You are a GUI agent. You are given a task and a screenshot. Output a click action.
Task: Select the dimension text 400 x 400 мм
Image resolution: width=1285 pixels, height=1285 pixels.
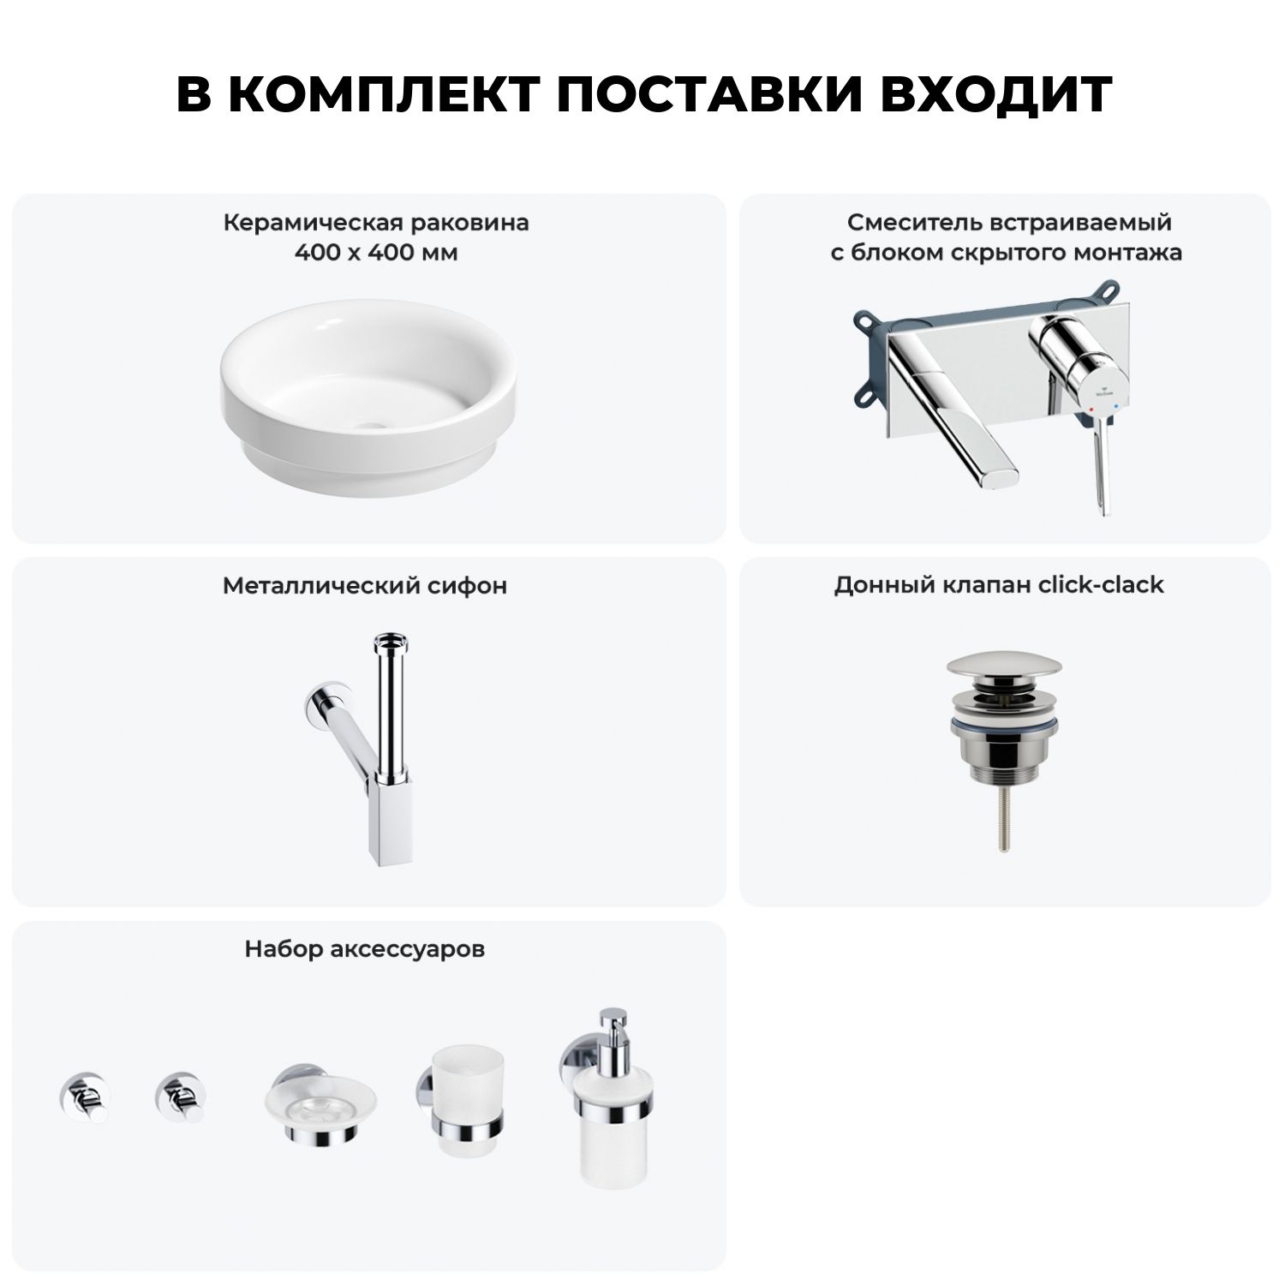point(376,253)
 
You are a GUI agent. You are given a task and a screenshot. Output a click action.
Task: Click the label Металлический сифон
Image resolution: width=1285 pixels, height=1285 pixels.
point(365,586)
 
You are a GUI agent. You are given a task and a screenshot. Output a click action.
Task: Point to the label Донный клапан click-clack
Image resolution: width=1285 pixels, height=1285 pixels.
point(999,585)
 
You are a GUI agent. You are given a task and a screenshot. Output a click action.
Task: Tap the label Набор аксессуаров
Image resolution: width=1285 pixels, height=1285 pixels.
point(365,949)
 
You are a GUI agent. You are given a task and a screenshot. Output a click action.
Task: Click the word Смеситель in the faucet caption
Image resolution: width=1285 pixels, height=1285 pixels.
point(907,223)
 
